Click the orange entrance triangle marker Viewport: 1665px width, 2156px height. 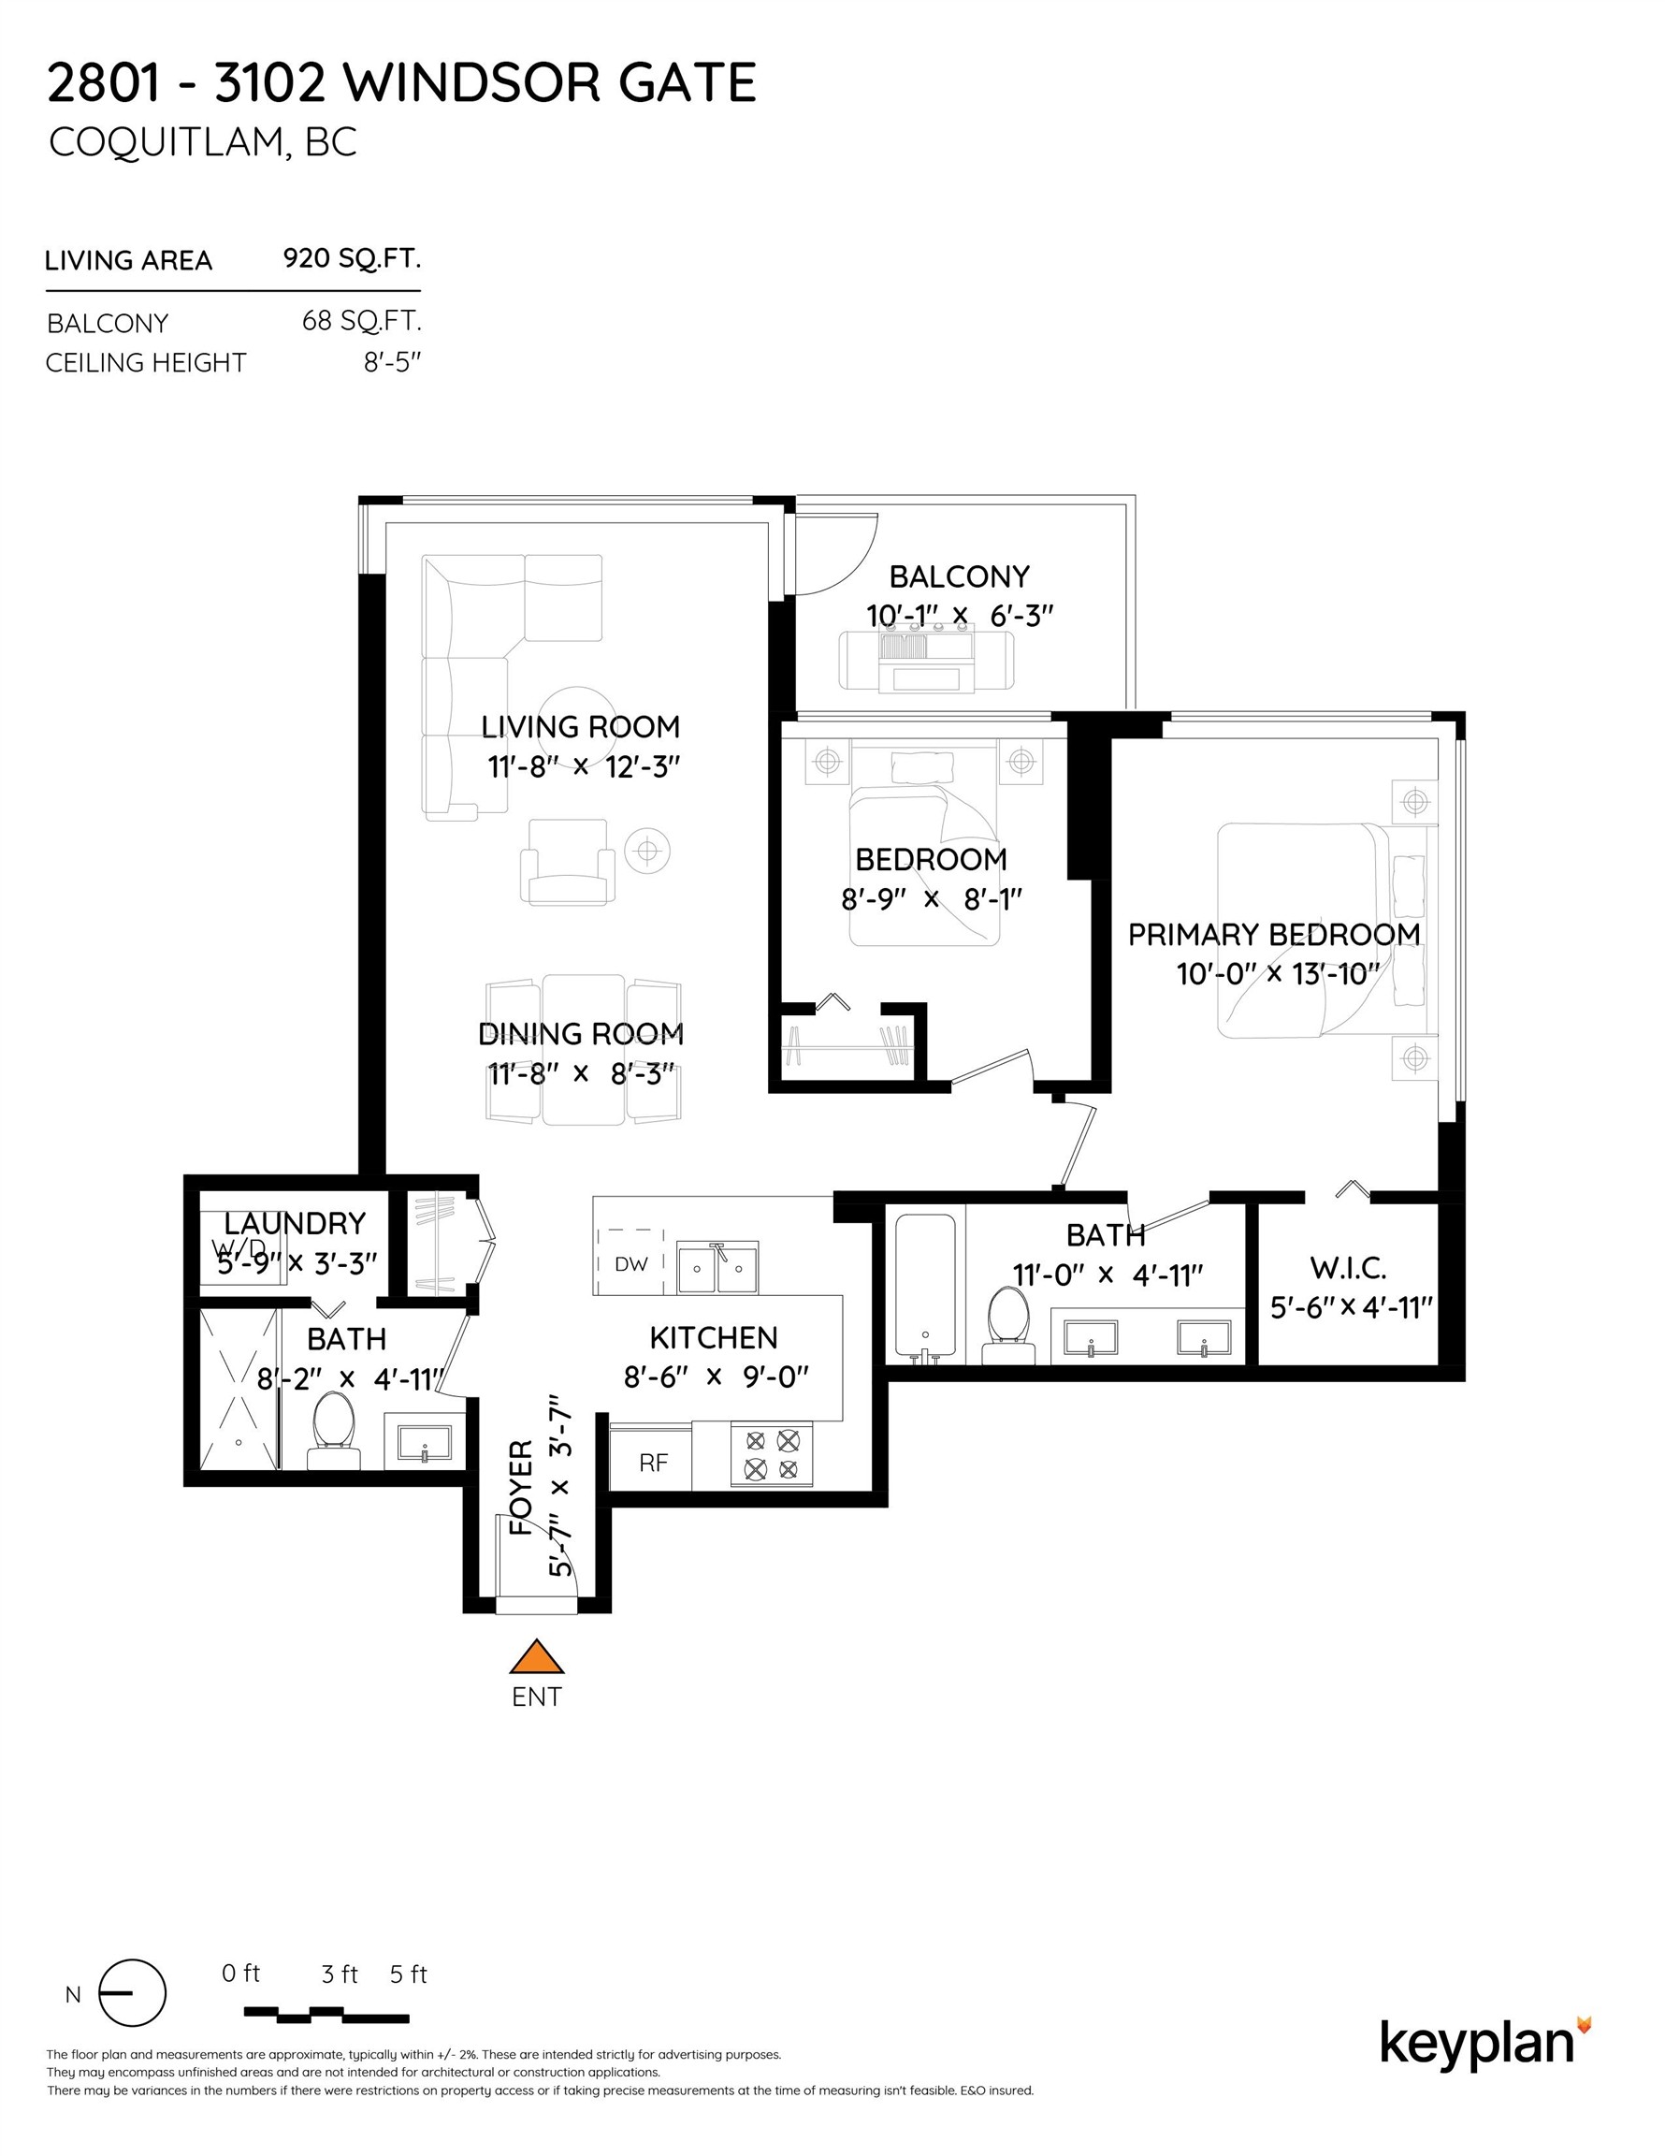pyautogui.click(x=536, y=1657)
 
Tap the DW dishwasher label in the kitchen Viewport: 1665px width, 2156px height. pyautogui.click(x=630, y=1263)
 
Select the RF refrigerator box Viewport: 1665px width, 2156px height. pyautogui.click(x=652, y=1463)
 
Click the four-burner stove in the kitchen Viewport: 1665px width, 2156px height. pyautogui.click(x=772, y=1455)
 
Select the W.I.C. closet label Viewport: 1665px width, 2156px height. pyautogui.click(x=1348, y=1268)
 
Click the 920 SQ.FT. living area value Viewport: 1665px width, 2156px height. pyautogui.click(x=352, y=258)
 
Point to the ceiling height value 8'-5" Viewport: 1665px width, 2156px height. pyautogui.click(x=392, y=362)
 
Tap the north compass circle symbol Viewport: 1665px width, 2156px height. pyautogui.click(x=132, y=1993)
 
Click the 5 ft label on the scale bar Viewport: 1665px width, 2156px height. pyautogui.click(x=408, y=1974)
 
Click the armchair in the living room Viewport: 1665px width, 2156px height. pyautogui.click(x=567, y=862)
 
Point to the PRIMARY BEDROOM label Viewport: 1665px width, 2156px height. pyautogui.click(x=1273, y=934)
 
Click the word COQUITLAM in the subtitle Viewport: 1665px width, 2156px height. pyautogui.click(x=166, y=143)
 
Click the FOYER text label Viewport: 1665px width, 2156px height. pyautogui.click(x=520, y=1488)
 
